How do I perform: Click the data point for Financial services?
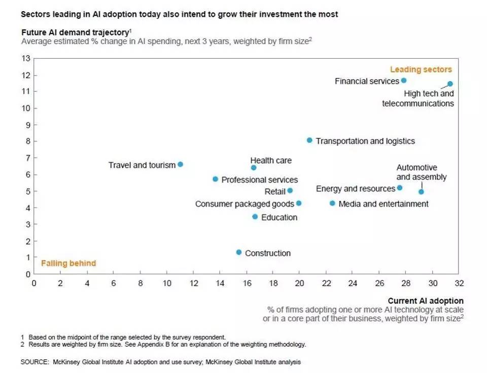[x=404, y=81]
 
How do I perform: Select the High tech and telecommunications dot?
[x=450, y=84]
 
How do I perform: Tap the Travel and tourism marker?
[x=180, y=165]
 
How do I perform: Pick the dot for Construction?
[x=239, y=252]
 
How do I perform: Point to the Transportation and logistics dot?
[x=309, y=140]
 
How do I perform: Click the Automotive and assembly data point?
[x=421, y=192]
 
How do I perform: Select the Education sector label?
[x=279, y=217]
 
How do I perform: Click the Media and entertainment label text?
[x=383, y=204]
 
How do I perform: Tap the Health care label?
[x=271, y=161]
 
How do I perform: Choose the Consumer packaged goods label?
[x=245, y=204]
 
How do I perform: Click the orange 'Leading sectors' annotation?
[x=421, y=69]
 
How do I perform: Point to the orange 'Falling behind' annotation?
[x=68, y=263]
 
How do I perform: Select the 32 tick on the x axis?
[x=459, y=283]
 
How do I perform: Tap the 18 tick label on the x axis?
[x=272, y=283]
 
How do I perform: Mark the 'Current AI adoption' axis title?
[x=426, y=301]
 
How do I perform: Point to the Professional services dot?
[x=216, y=179]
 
